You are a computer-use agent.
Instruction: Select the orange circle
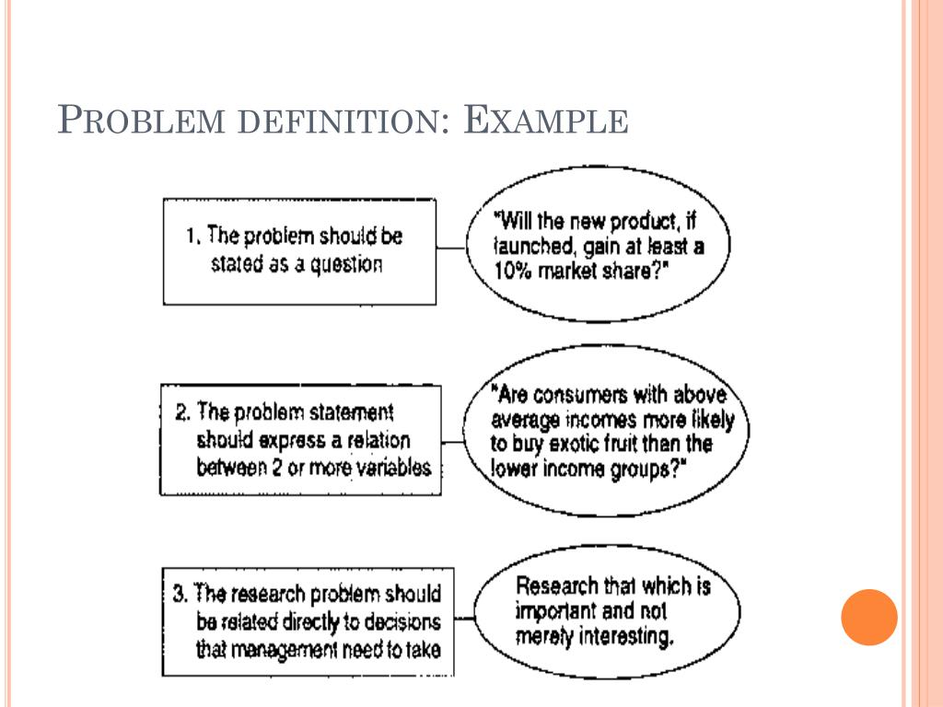(868, 617)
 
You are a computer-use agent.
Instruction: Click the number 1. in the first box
(193, 236)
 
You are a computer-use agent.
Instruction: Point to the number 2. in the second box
(181, 411)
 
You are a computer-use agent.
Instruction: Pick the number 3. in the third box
(180, 593)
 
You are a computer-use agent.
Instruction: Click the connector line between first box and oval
(450, 248)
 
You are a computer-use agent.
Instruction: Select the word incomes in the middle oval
(584, 420)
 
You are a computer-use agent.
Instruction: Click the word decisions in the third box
(396, 622)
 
